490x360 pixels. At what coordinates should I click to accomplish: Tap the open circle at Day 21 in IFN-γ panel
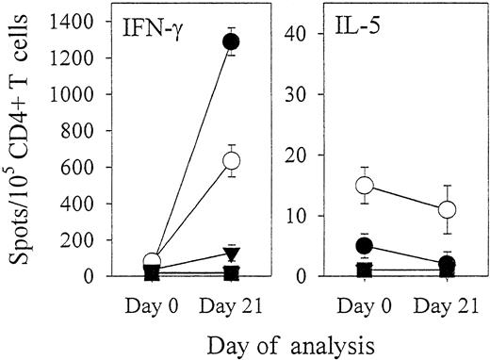231,161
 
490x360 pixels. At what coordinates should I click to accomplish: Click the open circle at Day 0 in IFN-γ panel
152,262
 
